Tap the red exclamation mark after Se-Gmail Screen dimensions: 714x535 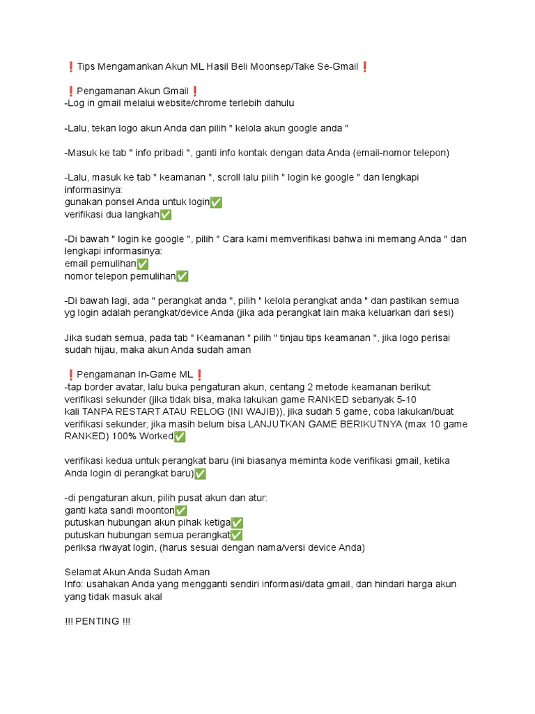coord(365,67)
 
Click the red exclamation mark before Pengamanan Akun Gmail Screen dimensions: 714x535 coord(70,91)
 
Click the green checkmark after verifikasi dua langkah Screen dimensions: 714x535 coord(165,215)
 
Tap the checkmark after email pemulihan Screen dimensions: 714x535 coord(142,264)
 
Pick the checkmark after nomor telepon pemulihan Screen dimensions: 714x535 coord(182,276)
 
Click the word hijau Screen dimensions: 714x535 coord(105,351)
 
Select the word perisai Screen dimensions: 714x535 coord(433,338)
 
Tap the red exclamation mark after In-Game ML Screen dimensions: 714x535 coord(199,375)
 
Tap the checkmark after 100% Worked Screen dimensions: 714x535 coord(180,437)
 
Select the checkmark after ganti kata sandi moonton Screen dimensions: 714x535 coord(181,511)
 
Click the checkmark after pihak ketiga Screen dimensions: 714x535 coord(237,523)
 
